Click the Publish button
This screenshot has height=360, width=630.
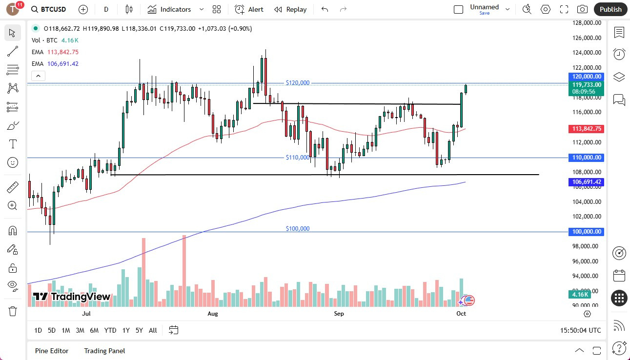coord(610,9)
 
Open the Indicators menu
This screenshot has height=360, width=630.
coord(169,9)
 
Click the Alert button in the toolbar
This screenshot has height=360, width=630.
coord(249,9)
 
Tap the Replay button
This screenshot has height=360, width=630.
coord(290,9)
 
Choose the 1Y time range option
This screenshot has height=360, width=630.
coord(126,330)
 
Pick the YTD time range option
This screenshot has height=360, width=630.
coord(110,330)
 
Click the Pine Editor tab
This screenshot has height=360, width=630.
coord(52,351)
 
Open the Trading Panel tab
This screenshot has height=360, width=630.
coord(104,351)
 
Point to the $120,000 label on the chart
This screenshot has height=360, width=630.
coord(298,83)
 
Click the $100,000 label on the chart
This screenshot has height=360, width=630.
coord(298,229)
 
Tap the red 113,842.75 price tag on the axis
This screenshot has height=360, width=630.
coord(586,129)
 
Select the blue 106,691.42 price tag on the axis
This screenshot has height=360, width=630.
coord(586,182)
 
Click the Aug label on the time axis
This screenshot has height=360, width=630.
coord(213,314)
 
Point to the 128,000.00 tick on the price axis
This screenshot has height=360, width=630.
coord(586,23)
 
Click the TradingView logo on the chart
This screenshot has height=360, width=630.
coord(72,297)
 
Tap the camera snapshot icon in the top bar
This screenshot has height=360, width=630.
coord(582,9)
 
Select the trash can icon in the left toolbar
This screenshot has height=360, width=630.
coord(13,311)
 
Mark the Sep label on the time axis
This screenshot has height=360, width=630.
coord(339,314)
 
